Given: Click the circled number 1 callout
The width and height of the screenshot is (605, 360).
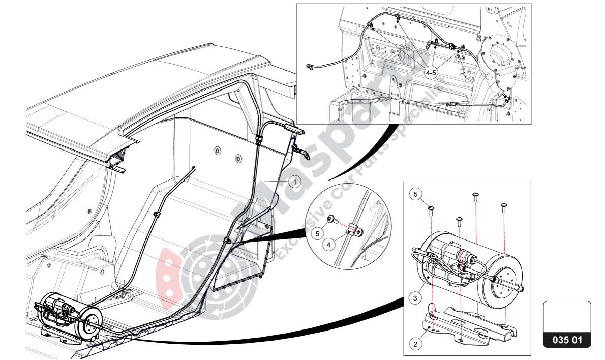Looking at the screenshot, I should point(295,180).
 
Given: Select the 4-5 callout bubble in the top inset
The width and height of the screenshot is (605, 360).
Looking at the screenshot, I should point(431,73).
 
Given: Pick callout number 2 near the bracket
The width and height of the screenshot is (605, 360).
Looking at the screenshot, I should point(415,344).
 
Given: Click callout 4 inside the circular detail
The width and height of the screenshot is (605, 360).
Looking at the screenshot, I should point(329,245).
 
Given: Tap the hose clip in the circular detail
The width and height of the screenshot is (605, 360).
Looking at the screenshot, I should point(353,232).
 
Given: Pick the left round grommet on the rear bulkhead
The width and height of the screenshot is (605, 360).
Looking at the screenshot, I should point(218,150).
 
